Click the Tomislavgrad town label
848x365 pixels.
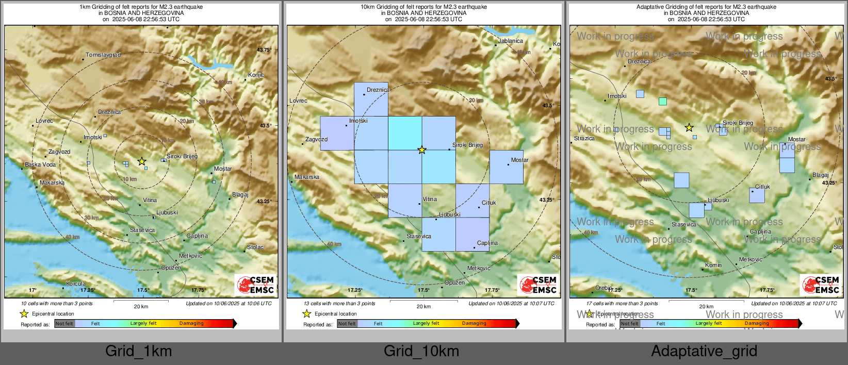103,55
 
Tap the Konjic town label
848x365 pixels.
256,75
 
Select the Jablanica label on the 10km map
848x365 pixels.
510,41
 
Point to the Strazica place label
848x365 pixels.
584,138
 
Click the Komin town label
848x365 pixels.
713,265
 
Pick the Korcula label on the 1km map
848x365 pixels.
76,284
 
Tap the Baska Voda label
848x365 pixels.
40,164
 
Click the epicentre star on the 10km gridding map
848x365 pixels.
422,150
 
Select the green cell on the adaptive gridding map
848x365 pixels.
663,102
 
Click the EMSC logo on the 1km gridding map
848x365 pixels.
255,285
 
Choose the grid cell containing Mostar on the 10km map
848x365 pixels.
506,167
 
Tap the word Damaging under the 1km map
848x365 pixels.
191,323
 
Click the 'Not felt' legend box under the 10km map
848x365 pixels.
347,324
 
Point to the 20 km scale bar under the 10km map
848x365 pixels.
423,301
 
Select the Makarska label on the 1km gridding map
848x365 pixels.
52,182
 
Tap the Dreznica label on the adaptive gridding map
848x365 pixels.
639,61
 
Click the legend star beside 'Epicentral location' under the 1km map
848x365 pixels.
24,313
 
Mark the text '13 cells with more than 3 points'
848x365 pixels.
339,303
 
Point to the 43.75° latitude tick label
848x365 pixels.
264,50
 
